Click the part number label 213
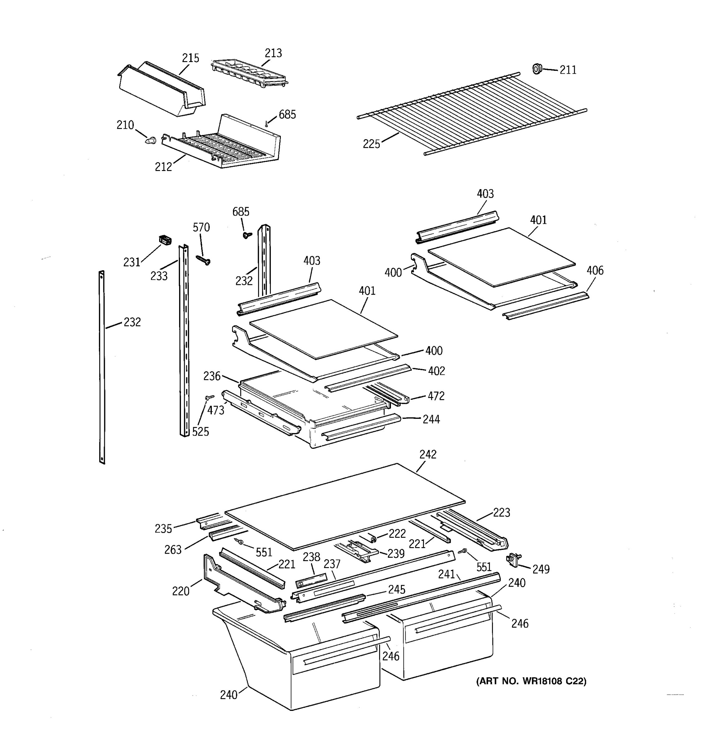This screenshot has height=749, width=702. pyautogui.click(x=273, y=53)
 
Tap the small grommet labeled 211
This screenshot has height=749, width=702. pyautogui.click(x=537, y=69)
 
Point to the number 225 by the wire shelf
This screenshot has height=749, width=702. pyautogui.click(x=371, y=144)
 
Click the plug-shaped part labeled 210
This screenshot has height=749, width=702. pyautogui.click(x=151, y=140)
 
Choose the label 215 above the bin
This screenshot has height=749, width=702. pyautogui.click(x=190, y=58)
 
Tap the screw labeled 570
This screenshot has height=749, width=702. pyautogui.click(x=203, y=260)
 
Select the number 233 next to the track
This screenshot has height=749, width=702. pyautogui.click(x=158, y=276)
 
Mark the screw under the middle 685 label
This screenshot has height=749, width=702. pyautogui.click(x=247, y=235)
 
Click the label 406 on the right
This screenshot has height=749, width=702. pyautogui.click(x=595, y=271)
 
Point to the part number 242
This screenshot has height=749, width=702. pyautogui.click(x=428, y=454)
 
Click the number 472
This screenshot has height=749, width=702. pyautogui.click(x=436, y=396)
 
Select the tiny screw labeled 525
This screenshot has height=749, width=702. pyautogui.click(x=210, y=397)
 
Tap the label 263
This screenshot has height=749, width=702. pyautogui.click(x=173, y=550)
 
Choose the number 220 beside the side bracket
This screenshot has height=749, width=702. pyautogui.click(x=180, y=591)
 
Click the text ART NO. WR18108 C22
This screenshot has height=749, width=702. pyautogui.click(x=531, y=681)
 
